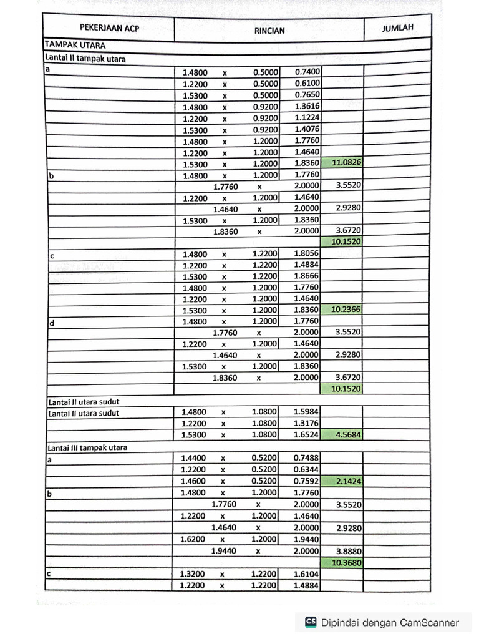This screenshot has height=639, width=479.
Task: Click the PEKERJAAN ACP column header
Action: [109, 28]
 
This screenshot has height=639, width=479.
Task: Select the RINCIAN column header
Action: [269, 29]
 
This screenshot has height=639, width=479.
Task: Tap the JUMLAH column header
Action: [397, 28]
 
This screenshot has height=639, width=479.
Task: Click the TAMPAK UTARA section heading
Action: [74, 45]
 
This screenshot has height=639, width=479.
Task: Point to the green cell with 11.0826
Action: [347, 162]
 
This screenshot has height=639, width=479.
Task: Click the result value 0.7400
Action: [307, 72]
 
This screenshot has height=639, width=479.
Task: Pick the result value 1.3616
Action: [307, 107]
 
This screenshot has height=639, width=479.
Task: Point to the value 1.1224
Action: [307, 118]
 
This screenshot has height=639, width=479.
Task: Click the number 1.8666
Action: [306, 276]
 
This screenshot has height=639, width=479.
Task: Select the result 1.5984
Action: [306, 412]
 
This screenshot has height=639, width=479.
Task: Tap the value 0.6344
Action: [306, 469]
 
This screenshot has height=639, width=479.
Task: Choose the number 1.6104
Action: [306, 574]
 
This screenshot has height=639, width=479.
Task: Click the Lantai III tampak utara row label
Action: [87, 447]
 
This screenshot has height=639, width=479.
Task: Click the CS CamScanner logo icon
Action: [311, 622]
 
